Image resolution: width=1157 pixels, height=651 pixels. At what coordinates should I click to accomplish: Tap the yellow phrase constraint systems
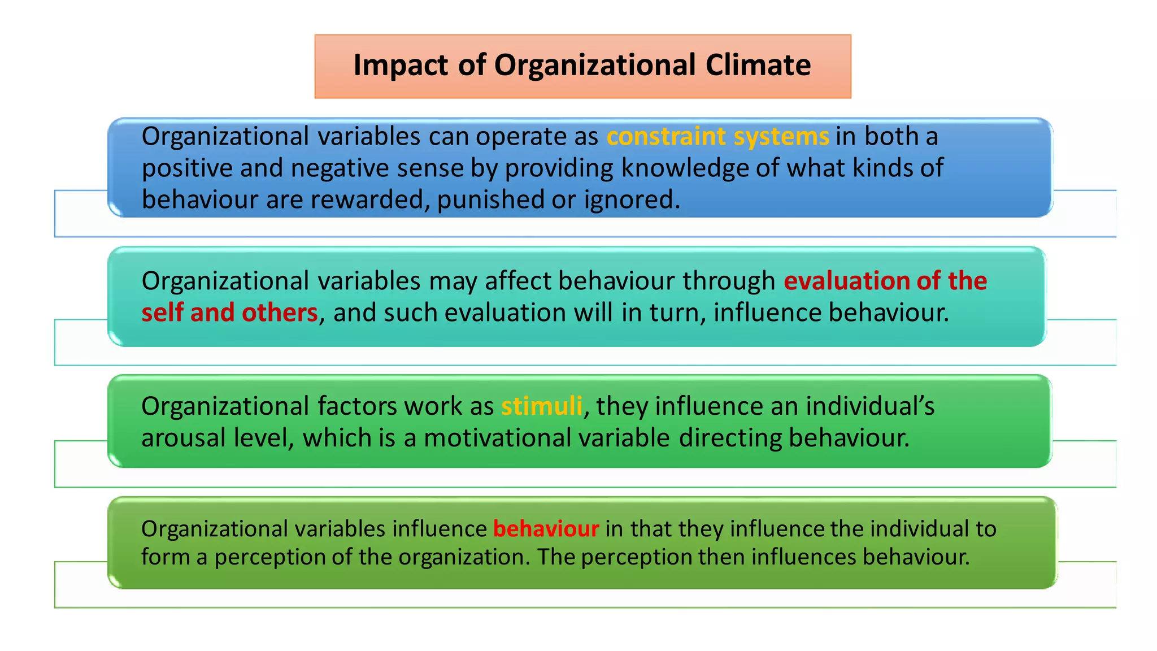[x=717, y=137]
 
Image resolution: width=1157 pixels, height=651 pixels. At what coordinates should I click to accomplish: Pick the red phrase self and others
[x=229, y=313]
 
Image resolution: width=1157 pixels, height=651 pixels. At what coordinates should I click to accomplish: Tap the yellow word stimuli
[x=541, y=406]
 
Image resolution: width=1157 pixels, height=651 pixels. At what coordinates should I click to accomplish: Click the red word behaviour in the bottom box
[x=546, y=529]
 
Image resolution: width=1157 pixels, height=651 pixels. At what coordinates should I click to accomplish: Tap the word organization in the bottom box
[x=464, y=557]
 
